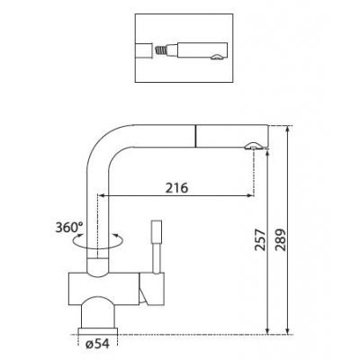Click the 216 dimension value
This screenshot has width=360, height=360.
[176, 188]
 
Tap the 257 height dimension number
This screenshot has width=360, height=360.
[260, 240]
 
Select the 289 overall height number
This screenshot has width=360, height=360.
[281, 240]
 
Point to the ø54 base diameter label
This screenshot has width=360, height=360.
[97, 344]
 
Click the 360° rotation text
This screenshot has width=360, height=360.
[69, 228]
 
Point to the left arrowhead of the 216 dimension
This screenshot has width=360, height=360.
[102, 196]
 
